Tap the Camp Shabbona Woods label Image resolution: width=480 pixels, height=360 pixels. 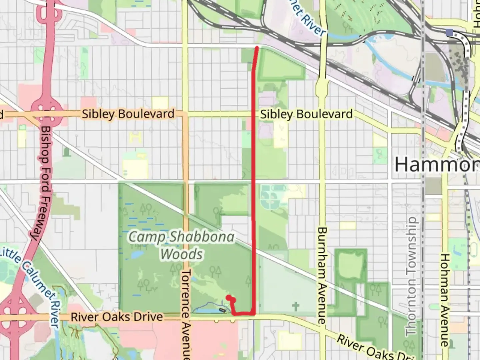click(182, 246)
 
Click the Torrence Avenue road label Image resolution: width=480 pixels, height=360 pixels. click(186, 313)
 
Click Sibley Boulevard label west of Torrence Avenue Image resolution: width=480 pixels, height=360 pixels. click(128, 114)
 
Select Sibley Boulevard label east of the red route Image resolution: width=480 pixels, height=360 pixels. click(306, 114)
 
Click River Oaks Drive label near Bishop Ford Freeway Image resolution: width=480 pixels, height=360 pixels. click(117, 317)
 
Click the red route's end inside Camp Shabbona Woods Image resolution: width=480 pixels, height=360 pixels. click(228, 297)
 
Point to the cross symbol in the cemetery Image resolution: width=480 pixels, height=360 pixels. click(295, 306)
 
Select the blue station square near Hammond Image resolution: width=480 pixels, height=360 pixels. click(449, 32)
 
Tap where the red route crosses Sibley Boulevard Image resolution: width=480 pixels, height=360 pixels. click(254, 114)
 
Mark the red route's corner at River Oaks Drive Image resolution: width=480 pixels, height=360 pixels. click(254, 313)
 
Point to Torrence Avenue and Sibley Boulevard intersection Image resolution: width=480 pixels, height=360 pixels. click(185, 114)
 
